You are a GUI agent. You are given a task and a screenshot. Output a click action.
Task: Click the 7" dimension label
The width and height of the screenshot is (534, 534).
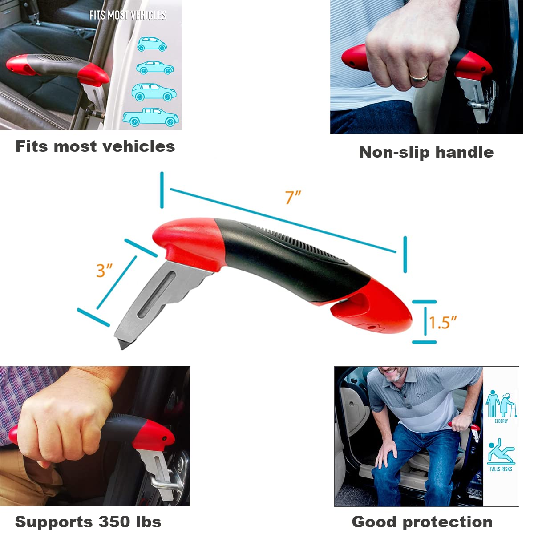(x=293, y=197)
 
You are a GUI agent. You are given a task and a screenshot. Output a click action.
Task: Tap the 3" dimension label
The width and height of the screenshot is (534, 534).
(x=104, y=270)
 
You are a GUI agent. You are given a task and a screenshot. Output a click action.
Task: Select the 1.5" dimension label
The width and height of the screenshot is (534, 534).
(x=443, y=322)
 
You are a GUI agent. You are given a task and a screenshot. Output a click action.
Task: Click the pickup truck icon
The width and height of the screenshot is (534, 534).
(x=151, y=117)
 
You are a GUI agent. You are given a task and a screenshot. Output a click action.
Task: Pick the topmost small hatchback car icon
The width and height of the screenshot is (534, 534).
(x=152, y=44)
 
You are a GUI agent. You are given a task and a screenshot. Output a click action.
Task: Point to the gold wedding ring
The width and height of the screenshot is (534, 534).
(x=419, y=77)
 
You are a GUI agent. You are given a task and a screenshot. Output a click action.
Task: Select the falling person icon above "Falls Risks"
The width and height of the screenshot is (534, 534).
(x=501, y=451)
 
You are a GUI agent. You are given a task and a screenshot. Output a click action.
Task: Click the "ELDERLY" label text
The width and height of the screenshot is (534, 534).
(x=501, y=421)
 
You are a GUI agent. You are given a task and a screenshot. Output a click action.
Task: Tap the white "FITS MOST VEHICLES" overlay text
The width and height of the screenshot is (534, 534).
(x=128, y=15)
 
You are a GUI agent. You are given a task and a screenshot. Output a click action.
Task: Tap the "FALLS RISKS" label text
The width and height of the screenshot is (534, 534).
(x=501, y=469)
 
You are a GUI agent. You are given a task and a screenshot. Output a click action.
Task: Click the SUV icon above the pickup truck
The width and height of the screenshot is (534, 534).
(x=154, y=92)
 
